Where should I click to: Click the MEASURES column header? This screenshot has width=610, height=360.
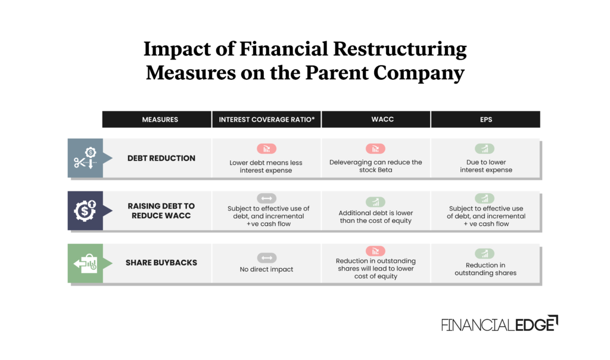160,120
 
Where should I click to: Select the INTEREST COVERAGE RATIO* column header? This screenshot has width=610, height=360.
266,120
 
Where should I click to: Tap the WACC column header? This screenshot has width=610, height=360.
376,120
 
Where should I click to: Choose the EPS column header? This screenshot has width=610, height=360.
485,120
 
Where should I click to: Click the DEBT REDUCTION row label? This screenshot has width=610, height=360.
161,158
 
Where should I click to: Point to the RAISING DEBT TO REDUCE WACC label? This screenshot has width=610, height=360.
161,210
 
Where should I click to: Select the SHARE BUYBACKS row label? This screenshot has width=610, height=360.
161,263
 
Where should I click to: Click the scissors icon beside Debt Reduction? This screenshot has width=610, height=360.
85,158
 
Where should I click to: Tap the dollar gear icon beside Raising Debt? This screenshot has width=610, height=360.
85,210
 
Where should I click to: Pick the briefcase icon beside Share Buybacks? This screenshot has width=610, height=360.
85,263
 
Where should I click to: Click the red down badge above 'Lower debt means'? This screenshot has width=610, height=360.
266,149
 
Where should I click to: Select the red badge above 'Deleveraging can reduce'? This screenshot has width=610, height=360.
375,149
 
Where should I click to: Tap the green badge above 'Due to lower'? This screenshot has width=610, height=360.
485,149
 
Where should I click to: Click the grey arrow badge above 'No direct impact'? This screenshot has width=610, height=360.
266,257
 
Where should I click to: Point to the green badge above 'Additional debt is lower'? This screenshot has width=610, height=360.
375,202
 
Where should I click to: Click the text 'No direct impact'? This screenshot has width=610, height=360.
266,269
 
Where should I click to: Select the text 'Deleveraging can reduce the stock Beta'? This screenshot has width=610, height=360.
375,166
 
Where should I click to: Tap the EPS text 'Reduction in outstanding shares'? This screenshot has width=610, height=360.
485,269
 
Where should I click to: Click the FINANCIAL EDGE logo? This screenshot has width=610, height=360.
499,324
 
